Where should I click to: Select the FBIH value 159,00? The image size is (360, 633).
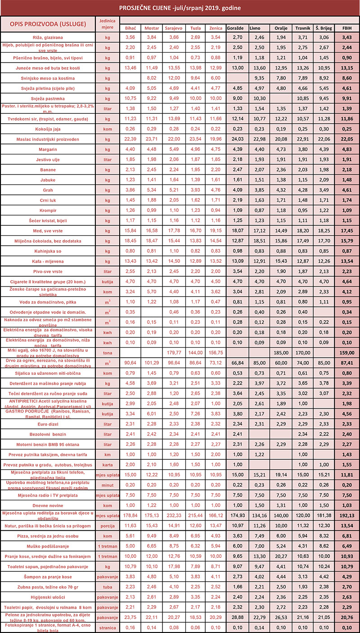347,352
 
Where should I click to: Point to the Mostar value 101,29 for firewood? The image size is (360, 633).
152,363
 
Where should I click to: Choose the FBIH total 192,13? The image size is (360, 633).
347,516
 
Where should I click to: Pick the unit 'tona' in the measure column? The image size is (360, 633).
107,352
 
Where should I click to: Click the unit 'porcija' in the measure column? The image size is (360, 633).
107,526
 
